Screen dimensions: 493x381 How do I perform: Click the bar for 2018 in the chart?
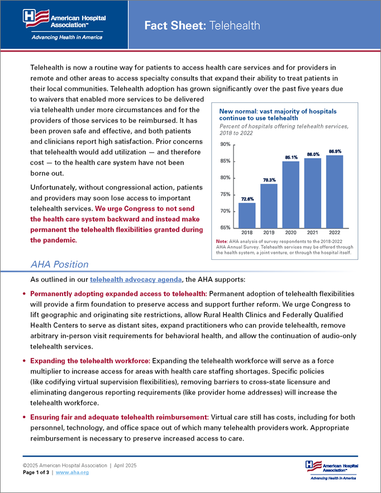coord(247,215)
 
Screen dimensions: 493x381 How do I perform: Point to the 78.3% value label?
coord(269,180)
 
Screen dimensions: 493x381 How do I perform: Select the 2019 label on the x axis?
coord(269,232)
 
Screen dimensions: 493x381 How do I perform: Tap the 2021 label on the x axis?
coord(313,232)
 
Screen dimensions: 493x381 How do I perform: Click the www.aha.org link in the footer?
coord(72,472)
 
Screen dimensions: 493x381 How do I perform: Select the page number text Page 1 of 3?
coord(36,472)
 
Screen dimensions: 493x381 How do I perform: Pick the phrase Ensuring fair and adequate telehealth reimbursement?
coord(118,418)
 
